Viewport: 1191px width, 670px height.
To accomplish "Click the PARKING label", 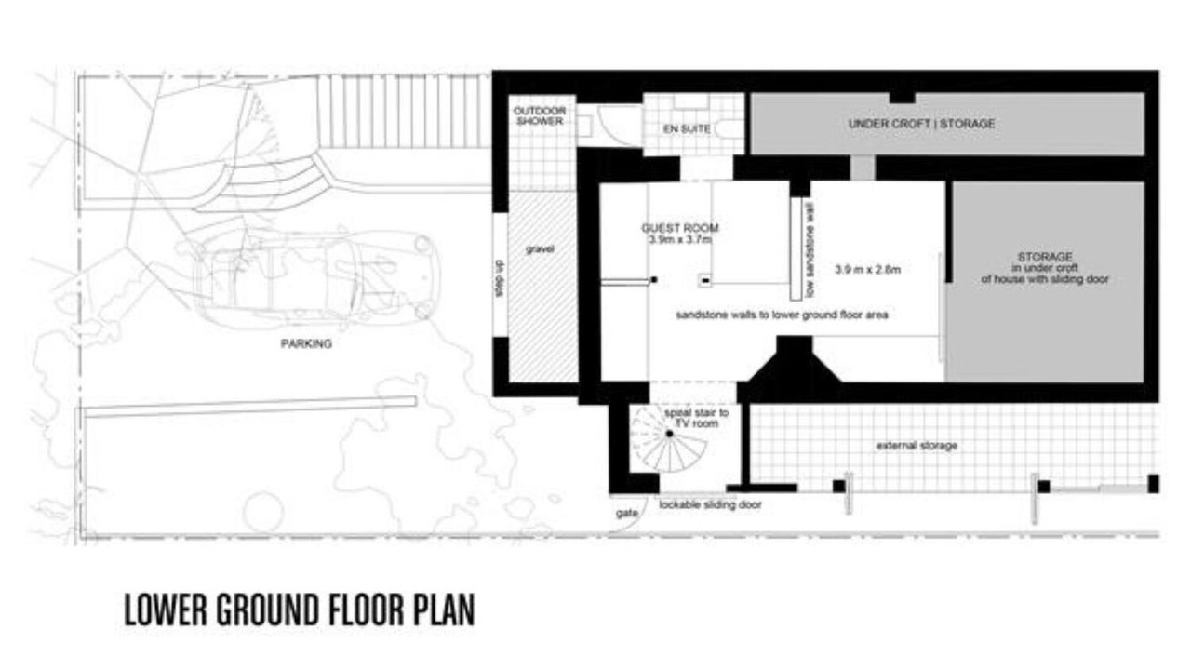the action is (306, 344).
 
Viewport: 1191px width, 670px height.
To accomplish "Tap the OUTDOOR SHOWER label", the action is (540, 116).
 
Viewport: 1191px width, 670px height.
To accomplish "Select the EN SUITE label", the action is (687, 128).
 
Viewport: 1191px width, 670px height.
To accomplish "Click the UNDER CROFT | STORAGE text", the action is (921, 124).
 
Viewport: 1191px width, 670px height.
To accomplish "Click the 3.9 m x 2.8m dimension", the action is (868, 270).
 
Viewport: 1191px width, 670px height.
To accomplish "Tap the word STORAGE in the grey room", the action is (1045, 257).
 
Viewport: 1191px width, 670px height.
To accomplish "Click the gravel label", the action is (540, 248).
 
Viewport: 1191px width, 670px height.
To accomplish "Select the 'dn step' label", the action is (500, 278).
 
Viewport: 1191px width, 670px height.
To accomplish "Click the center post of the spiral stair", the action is (669, 434).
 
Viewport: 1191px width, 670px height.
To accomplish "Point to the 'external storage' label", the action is (917, 446).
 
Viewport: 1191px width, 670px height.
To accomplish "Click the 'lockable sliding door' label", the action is (710, 504).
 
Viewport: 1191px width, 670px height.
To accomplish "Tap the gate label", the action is (627, 513).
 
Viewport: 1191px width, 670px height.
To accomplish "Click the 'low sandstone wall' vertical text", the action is (810, 248).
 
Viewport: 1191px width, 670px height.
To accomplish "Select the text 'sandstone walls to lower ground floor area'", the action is (782, 315).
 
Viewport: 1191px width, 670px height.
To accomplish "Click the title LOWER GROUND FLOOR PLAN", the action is (300, 610).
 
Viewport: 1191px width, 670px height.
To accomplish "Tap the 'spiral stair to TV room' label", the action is (697, 418).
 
